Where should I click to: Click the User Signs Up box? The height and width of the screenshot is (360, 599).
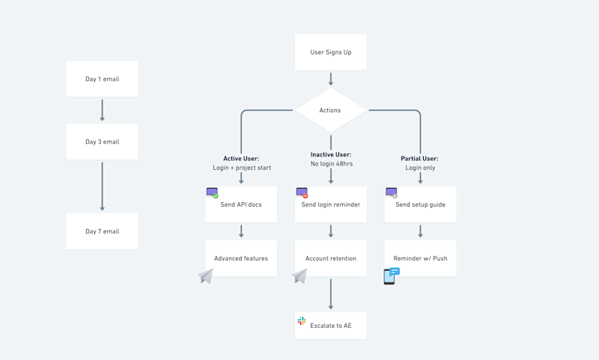coord(330,52)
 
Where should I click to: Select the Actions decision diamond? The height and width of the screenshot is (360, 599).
coord(330,110)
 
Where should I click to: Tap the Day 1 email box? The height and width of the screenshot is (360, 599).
coord(102,79)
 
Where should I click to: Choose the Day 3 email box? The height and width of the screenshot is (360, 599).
coord(102,141)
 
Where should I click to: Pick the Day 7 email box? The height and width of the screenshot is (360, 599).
coord(102,231)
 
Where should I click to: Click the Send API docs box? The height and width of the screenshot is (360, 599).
coord(241,204)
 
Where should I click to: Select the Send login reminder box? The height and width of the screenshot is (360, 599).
coord(330,204)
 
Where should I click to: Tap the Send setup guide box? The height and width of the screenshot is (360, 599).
coord(420,204)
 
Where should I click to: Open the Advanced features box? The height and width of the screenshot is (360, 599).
coord(241,258)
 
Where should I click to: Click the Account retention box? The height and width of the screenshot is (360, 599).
coord(330,258)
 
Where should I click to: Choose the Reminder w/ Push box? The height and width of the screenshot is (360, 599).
coord(420,258)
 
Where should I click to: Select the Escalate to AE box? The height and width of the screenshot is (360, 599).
coord(330,326)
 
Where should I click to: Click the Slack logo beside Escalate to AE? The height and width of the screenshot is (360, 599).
coord(302,321)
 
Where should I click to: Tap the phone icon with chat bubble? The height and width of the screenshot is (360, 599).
coord(391,276)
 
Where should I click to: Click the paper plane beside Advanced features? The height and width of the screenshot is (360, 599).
coord(206,276)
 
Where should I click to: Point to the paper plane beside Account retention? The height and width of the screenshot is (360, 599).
coord(299,276)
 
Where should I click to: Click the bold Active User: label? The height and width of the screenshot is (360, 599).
coord(241,159)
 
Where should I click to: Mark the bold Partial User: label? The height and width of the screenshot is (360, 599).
coord(420,159)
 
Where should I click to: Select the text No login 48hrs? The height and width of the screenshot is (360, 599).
coord(331,164)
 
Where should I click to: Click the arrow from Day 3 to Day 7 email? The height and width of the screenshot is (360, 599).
coord(102,186)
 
